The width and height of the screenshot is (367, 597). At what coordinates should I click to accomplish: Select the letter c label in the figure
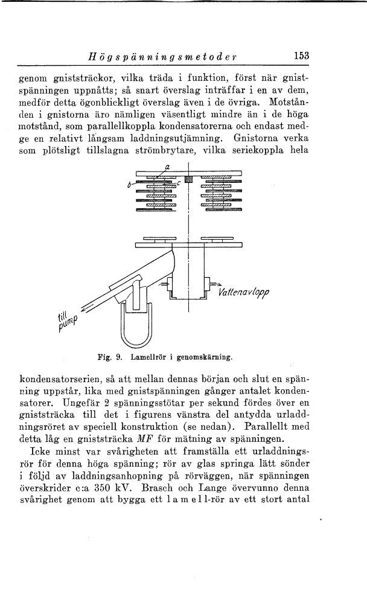(179, 183)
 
